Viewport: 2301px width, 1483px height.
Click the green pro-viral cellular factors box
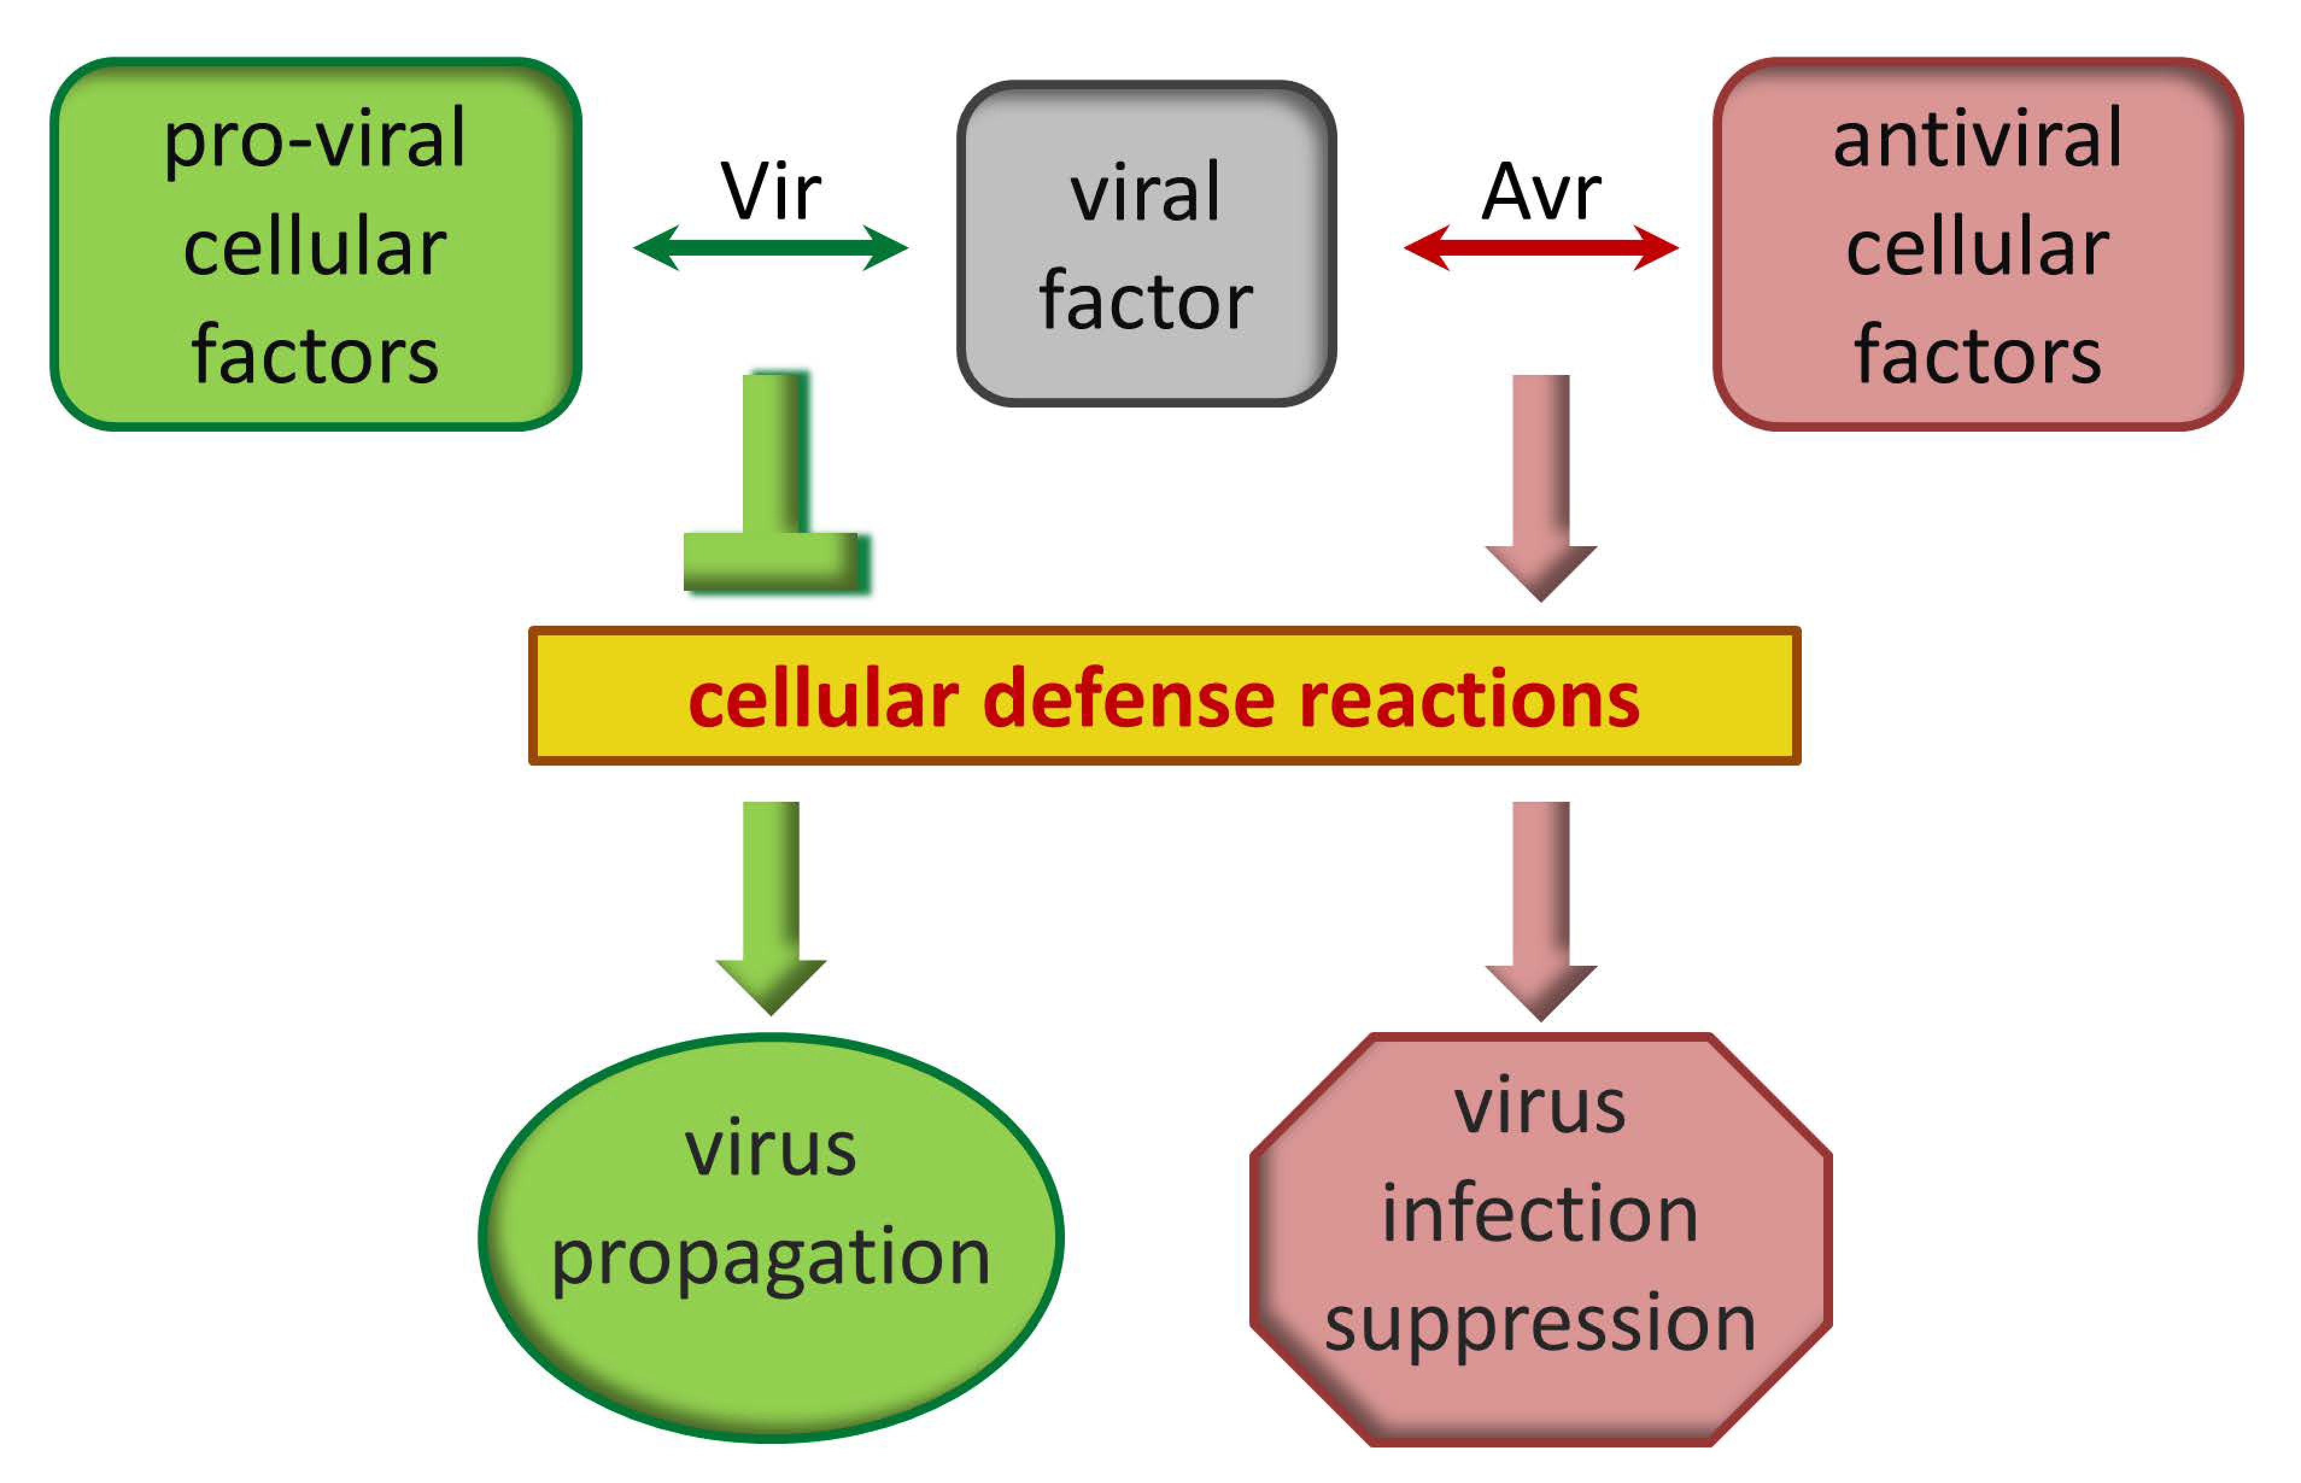coord(315,244)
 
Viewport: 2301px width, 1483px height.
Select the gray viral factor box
coord(1145,244)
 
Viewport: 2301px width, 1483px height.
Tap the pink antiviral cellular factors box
coord(1977,244)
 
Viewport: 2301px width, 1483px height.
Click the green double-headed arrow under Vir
coord(771,248)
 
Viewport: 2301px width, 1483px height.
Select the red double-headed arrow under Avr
coord(1541,248)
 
